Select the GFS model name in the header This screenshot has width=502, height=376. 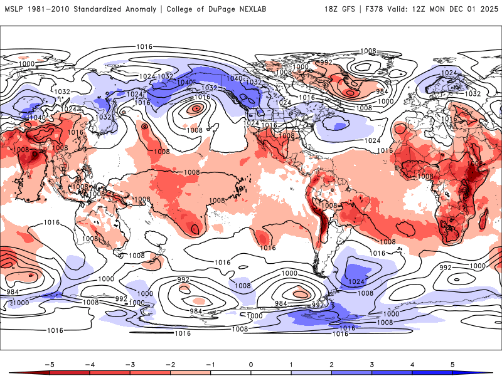click(x=350, y=9)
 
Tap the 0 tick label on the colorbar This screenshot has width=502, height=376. click(x=251, y=363)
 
